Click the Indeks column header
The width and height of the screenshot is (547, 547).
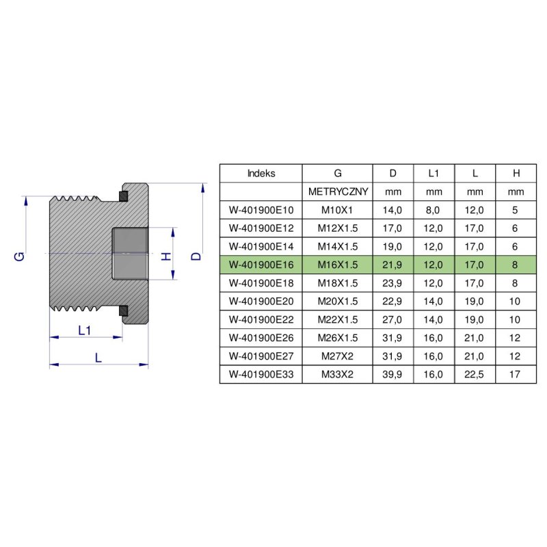coord(261,173)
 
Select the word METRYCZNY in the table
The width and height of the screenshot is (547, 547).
coord(338,191)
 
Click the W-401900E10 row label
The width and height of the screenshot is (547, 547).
coord(261,210)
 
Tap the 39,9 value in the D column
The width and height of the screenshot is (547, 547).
coord(392,375)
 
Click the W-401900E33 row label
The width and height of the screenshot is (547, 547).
coord(261,375)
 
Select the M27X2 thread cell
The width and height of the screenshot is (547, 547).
coord(338,356)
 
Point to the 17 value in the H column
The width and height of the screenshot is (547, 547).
coord(515,375)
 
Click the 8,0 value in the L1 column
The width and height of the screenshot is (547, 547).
coord(433,210)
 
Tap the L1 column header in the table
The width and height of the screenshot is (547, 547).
coord(433,173)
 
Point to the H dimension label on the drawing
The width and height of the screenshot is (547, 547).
coord(164,256)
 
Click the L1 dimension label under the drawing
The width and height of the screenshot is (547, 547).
coord(85,330)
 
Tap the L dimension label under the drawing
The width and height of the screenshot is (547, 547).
coord(98,358)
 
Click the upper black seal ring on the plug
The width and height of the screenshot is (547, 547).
coord(123,197)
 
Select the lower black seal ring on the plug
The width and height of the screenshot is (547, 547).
coord(123,311)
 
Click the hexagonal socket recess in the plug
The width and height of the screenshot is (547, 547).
coord(131,254)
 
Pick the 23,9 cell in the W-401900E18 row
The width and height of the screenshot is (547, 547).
coord(392,283)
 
